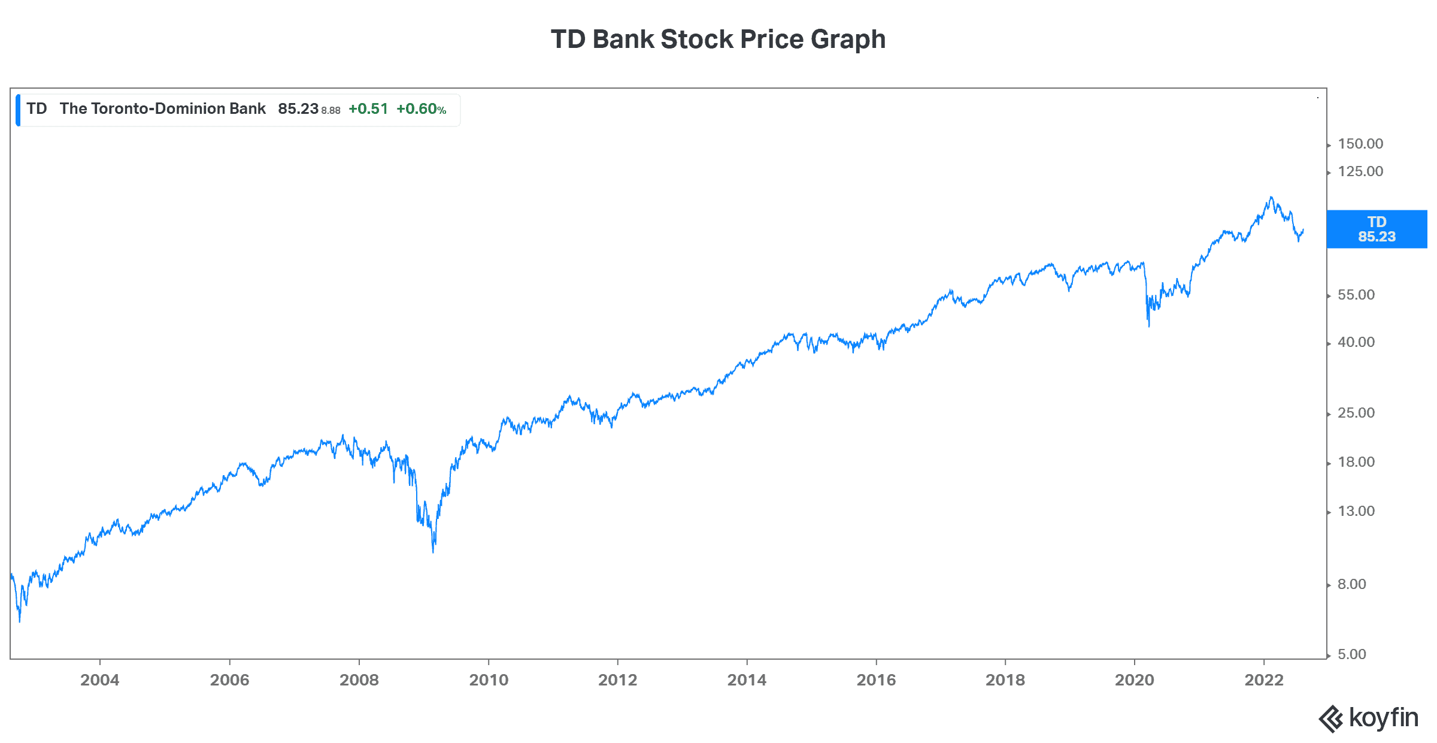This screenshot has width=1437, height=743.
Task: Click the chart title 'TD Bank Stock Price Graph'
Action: click(718, 40)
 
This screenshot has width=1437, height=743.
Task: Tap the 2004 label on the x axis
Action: click(100, 680)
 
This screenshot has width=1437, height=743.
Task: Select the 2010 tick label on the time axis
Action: click(489, 680)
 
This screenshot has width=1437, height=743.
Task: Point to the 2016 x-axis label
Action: click(876, 680)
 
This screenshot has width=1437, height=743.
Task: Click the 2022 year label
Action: click(1264, 680)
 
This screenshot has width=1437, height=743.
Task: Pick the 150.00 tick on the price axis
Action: click(1360, 144)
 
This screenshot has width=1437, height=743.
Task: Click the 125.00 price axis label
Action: click(1360, 171)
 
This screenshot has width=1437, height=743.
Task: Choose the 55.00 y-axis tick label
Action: click(1356, 295)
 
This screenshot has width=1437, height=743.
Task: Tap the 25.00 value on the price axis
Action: click(1356, 413)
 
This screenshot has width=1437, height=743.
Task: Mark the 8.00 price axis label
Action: click(1352, 584)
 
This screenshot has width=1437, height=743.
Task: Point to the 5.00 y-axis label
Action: click(1352, 654)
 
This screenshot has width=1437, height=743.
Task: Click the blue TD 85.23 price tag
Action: click(1377, 229)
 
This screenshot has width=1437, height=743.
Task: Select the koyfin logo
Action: click(1369, 718)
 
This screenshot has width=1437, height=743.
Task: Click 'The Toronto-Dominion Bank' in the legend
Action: click(162, 108)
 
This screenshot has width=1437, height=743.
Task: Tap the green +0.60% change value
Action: click(421, 109)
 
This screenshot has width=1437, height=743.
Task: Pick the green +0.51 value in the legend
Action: click(368, 109)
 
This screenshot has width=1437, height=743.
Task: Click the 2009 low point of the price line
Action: click(433, 551)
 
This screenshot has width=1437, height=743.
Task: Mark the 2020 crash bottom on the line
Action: click(1148, 325)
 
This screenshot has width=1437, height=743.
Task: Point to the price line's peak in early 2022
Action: click(1271, 197)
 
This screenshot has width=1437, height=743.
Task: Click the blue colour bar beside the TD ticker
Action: click(18, 110)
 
